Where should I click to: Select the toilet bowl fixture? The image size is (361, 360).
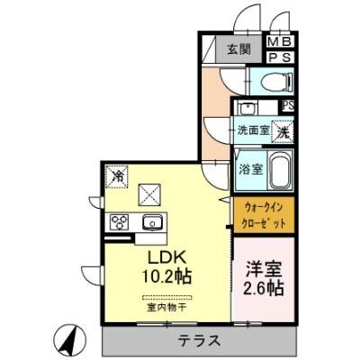274,81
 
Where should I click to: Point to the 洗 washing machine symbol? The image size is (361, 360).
282,130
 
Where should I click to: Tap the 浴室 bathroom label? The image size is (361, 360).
249,167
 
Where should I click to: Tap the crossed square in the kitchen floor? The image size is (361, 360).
149,192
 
